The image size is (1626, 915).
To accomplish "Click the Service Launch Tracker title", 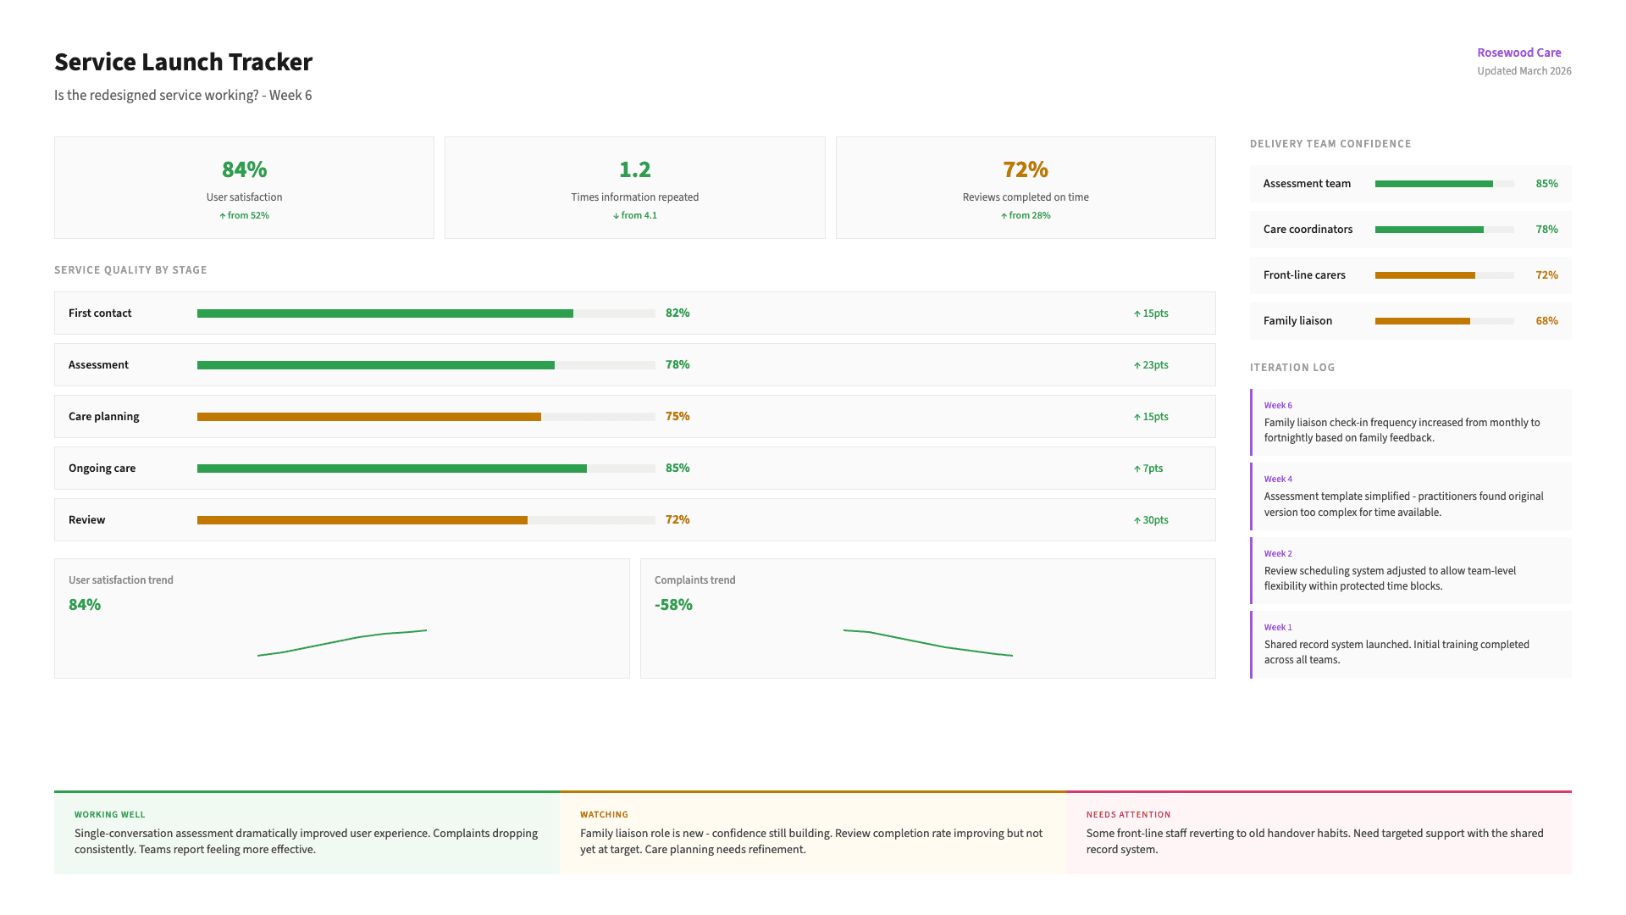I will point(183,62).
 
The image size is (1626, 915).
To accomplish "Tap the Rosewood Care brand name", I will point(1518,53).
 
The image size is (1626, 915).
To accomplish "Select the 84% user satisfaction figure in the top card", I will point(244,169).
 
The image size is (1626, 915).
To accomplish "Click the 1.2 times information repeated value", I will point(634,169).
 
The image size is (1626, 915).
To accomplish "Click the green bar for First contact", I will point(384,313).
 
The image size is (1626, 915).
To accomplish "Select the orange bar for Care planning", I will point(368,417).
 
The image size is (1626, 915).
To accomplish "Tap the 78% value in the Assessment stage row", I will point(677,365).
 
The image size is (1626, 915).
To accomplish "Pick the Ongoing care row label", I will point(102,469).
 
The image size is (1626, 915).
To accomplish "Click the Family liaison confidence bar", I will point(1423,321).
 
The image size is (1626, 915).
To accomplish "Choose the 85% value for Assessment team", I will point(1546,184).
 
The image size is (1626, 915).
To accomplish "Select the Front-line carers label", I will point(1304,275).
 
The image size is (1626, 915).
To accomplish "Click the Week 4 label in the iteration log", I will point(1278,480).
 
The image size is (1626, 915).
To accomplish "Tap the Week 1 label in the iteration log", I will point(1278,628).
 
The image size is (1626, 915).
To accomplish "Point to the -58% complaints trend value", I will point(673,605).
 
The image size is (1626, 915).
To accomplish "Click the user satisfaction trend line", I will point(342,641).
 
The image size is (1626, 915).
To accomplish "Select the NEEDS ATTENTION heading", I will point(1128,815).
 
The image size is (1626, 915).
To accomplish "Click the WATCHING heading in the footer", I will point(604,815).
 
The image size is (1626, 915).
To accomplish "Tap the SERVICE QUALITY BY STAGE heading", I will point(130,270).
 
